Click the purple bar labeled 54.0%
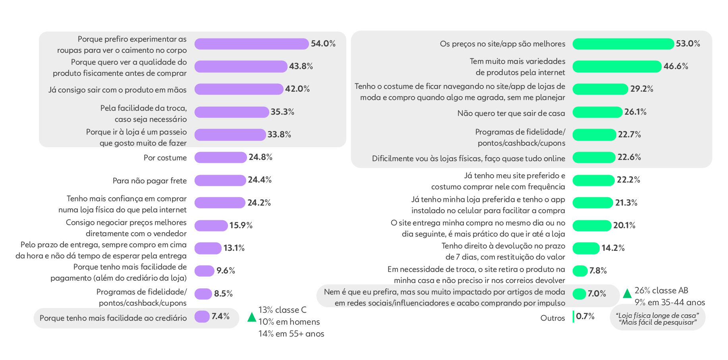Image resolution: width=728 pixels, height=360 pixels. click(x=251, y=44)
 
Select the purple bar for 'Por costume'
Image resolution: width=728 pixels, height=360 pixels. click(x=220, y=158)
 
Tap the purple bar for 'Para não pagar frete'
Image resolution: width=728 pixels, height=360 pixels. click(x=220, y=180)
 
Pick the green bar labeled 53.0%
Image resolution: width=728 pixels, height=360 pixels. click(x=623, y=44)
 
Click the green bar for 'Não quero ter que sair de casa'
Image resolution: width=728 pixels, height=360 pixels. click(x=597, y=112)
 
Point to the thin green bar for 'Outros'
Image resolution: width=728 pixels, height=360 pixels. click(x=574, y=316)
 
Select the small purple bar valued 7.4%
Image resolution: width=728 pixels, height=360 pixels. click(x=202, y=316)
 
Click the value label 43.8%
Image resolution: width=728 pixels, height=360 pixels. click(x=301, y=66)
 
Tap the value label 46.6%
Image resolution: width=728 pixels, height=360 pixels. click(x=676, y=66)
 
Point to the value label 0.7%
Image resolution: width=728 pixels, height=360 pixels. click(x=585, y=316)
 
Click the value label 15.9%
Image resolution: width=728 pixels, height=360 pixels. click(x=241, y=225)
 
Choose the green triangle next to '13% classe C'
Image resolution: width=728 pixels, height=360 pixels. click(x=252, y=317)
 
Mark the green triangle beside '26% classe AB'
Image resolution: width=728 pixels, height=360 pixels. click(x=627, y=294)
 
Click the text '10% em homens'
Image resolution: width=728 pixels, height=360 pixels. click(x=289, y=322)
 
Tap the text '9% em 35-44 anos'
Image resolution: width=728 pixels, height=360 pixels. click(x=670, y=302)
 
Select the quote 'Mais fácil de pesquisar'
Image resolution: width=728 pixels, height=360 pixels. click(x=658, y=322)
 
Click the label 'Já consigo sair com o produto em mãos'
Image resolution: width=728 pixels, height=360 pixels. click(x=118, y=90)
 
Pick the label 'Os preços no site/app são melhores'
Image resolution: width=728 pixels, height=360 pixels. click(x=502, y=44)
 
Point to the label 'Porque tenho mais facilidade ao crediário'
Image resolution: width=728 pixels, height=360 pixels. click(x=113, y=318)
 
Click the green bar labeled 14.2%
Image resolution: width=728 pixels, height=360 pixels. click(x=586, y=248)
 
